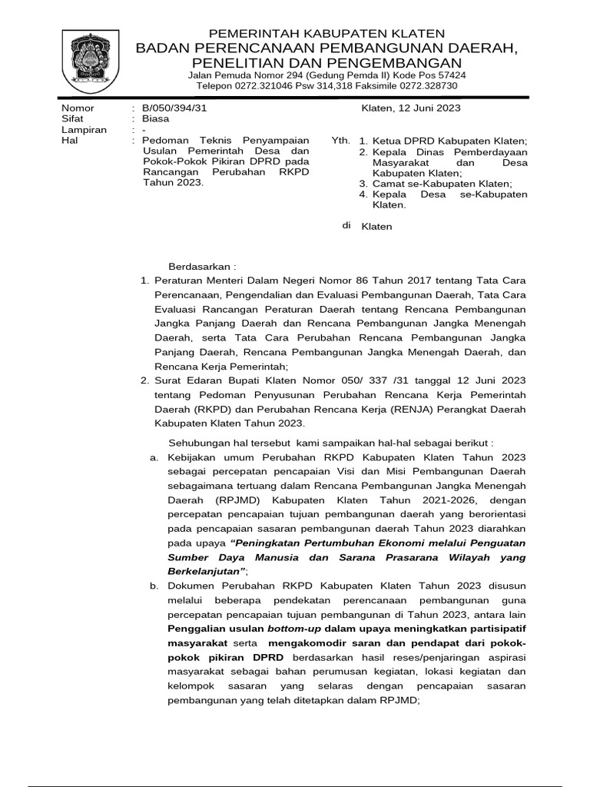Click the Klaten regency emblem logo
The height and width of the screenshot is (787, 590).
[89, 58]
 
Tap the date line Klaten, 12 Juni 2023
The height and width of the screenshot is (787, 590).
[411, 108]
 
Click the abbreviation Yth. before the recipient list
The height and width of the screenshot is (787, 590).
[340, 141]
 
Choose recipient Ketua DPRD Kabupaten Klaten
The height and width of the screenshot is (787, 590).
[449, 141]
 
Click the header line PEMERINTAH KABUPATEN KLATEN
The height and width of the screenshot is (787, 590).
[317, 33]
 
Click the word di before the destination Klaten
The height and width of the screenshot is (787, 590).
[346, 226]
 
